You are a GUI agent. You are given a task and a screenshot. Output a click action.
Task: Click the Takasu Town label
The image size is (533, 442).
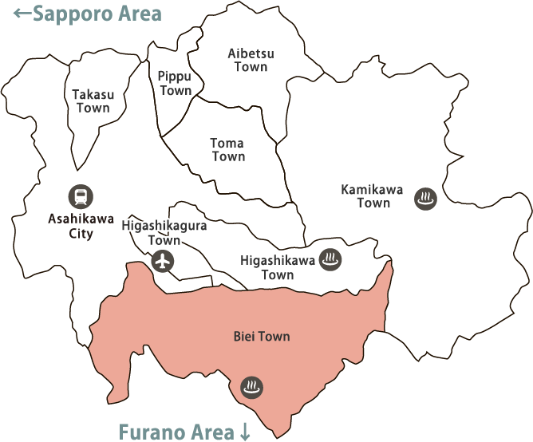(x=93, y=101)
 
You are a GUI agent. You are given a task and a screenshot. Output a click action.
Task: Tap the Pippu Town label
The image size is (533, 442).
(x=176, y=83)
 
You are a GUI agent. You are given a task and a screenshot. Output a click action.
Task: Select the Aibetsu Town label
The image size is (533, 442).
(x=251, y=60)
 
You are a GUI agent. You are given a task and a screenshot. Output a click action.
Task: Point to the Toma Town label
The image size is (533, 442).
(x=227, y=150)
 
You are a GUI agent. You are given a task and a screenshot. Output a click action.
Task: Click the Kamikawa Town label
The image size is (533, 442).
(x=373, y=196)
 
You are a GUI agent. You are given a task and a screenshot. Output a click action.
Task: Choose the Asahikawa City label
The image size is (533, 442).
(x=81, y=226)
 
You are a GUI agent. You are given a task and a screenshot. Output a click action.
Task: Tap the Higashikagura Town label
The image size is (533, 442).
(x=164, y=233)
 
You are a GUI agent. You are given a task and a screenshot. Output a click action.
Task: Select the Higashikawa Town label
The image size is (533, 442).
(x=278, y=267)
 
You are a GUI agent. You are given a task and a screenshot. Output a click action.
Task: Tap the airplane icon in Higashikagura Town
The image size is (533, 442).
(x=163, y=260)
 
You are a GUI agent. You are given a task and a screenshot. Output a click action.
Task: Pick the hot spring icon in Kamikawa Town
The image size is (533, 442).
(x=425, y=199)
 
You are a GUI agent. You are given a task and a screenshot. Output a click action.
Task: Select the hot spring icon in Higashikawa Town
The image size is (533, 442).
(x=330, y=258)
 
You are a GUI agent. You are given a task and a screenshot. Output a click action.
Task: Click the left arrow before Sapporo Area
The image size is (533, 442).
(x=22, y=14)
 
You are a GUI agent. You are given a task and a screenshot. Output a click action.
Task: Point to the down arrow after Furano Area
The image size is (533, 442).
(x=245, y=432)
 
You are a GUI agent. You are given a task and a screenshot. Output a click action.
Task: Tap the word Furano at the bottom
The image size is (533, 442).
(x=152, y=432)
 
